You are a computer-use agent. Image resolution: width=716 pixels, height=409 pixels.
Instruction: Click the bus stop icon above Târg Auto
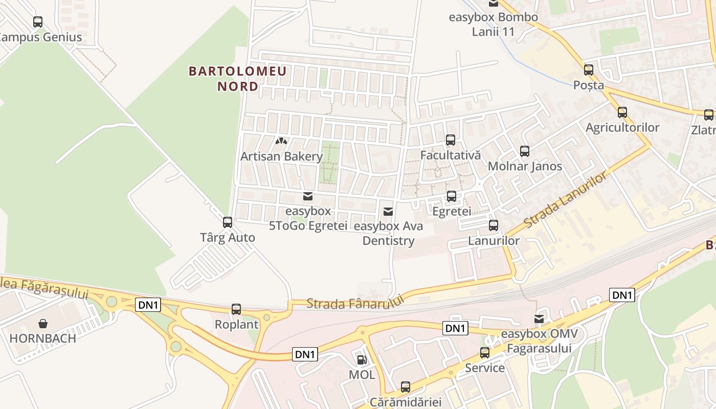pos(228,222)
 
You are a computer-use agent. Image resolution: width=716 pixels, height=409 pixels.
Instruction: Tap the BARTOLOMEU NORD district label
pos(238,78)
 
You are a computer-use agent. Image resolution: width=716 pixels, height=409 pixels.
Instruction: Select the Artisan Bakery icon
pos(281,141)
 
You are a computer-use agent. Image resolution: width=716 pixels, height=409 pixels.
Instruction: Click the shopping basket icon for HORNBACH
pos(43,324)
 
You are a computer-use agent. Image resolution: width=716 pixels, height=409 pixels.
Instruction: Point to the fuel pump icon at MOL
pos(362,360)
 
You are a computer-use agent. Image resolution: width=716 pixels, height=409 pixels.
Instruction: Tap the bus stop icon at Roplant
pos(236,309)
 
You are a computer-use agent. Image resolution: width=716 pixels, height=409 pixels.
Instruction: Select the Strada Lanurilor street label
pos(567,200)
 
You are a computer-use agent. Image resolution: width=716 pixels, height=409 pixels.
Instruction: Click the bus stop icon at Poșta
pos(589,70)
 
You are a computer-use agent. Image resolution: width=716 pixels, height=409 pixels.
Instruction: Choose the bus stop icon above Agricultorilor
pos(622,112)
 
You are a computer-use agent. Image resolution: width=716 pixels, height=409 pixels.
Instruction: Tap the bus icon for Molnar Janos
pos(525,151)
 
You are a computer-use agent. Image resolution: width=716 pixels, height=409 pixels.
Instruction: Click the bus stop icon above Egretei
pos(452,196)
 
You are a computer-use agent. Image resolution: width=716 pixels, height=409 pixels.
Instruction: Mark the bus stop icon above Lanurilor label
pos(494,225)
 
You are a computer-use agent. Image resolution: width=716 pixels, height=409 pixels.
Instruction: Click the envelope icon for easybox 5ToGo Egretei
pos(308,196)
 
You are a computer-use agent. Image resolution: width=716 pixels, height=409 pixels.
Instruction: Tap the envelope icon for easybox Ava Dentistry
pos(388,212)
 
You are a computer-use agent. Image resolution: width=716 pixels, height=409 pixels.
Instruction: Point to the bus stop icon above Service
pos(485,353)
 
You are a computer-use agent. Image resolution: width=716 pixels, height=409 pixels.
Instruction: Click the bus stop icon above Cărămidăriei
pos(406,387)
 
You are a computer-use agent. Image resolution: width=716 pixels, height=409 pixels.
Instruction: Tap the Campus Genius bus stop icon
pos(38,22)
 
